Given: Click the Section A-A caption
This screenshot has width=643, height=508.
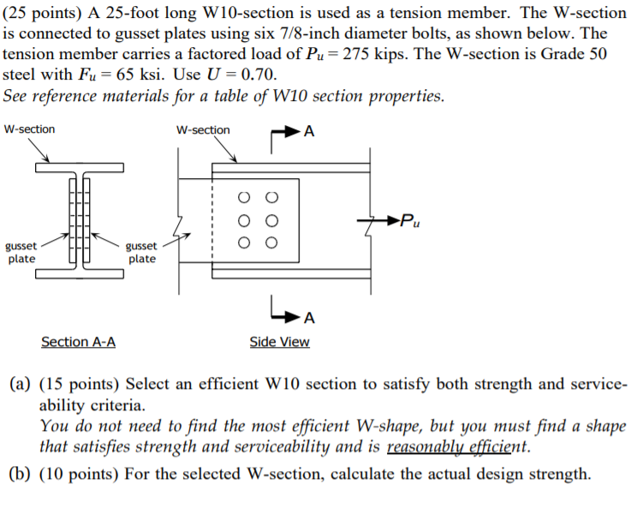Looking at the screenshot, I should tap(79, 343).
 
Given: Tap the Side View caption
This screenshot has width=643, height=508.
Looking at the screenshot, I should tap(279, 343).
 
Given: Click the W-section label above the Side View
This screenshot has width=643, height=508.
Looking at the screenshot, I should tap(203, 130).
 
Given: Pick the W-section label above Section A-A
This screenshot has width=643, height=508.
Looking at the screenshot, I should tap(29, 129).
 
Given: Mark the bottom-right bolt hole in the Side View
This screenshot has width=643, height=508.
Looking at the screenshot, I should tap(272, 243).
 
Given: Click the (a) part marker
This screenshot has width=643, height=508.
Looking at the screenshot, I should tap(19, 385).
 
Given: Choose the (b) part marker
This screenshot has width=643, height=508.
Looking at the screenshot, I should tap(19, 474).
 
